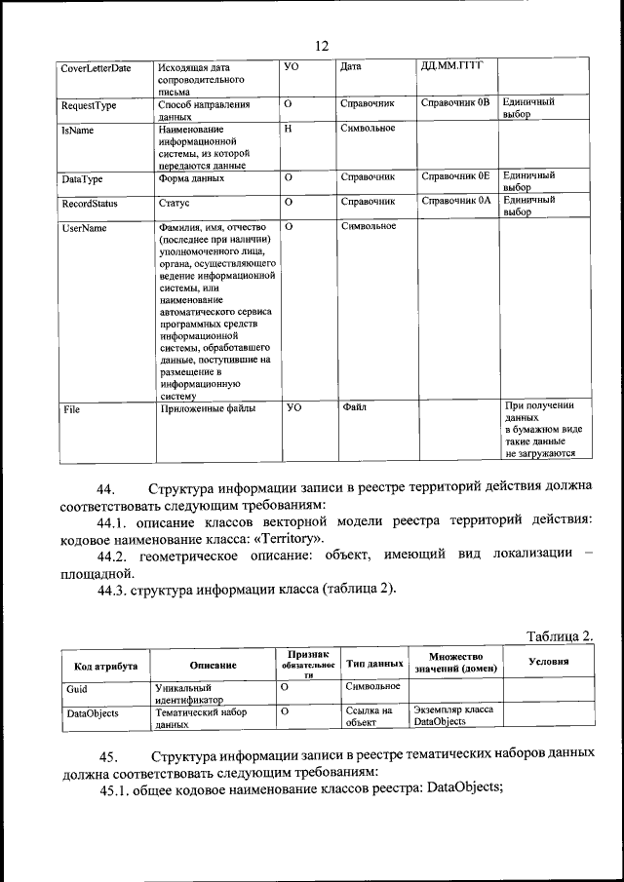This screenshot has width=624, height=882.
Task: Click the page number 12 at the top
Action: (x=323, y=46)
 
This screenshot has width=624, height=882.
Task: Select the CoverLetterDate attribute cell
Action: (x=96, y=68)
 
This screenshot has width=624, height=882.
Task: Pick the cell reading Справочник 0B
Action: (x=454, y=102)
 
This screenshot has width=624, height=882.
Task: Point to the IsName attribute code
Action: (x=77, y=130)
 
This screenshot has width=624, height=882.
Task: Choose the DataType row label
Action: (x=83, y=179)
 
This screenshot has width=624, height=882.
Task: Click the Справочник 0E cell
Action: (x=454, y=177)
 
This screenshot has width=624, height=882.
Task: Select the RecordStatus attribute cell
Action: (x=90, y=205)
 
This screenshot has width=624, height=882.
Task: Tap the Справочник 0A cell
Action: (x=454, y=202)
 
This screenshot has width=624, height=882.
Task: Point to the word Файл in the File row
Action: (x=354, y=407)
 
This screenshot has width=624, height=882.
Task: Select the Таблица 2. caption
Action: (x=559, y=636)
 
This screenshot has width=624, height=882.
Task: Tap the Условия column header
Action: (x=548, y=662)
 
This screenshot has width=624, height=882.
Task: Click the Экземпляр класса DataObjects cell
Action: (x=453, y=716)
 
